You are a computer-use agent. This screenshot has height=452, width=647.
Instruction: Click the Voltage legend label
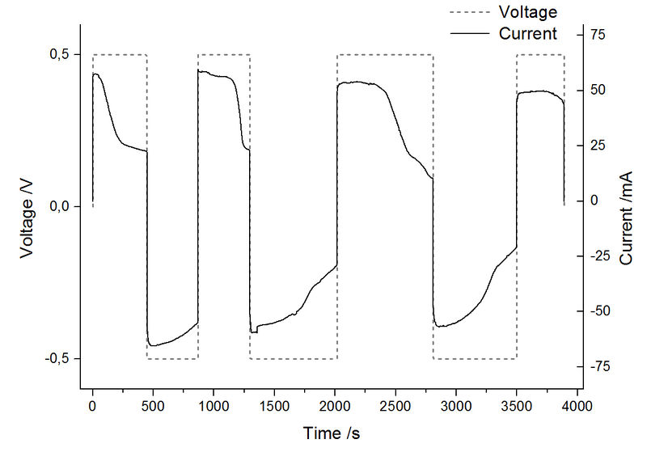[x=529, y=12]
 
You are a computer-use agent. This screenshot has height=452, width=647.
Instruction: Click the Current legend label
[x=528, y=33]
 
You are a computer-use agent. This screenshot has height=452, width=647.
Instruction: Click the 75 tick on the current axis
[x=599, y=34]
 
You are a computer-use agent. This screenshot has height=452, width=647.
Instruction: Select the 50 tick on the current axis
[x=599, y=89]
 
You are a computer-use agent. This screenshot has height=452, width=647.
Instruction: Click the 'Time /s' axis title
[x=331, y=433]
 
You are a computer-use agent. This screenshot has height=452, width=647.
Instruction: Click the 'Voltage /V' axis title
[x=27, y=207]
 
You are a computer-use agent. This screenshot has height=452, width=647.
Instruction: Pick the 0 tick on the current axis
[x=595, y=201]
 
